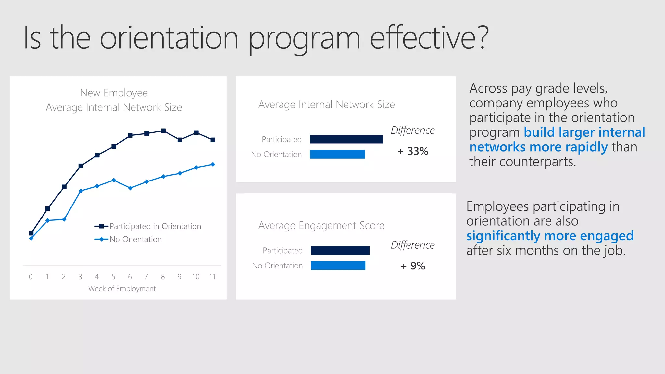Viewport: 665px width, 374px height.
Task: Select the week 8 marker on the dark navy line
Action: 163,131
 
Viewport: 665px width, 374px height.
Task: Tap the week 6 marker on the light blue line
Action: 130,188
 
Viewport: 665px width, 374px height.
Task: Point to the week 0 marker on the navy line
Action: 31,233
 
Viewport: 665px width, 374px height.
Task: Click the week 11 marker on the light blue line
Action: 213,164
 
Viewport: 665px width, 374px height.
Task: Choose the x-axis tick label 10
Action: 196,277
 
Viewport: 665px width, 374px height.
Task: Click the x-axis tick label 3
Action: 80,277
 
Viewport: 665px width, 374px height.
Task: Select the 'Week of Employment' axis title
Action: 122,289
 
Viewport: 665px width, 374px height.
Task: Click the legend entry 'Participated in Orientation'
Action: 155,226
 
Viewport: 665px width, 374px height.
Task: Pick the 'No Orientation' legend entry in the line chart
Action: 135,239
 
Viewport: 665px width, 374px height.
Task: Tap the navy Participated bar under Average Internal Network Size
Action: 346,139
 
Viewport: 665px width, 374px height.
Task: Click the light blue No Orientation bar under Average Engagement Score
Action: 338,266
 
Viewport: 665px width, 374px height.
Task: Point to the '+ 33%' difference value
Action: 413,151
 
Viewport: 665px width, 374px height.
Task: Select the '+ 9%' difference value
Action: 413,266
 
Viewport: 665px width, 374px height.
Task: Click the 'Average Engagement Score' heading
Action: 321,225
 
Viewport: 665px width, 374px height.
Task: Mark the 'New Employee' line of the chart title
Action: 114,93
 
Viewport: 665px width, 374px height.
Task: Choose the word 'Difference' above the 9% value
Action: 412,245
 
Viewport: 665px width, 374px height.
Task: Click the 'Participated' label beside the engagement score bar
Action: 282,251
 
